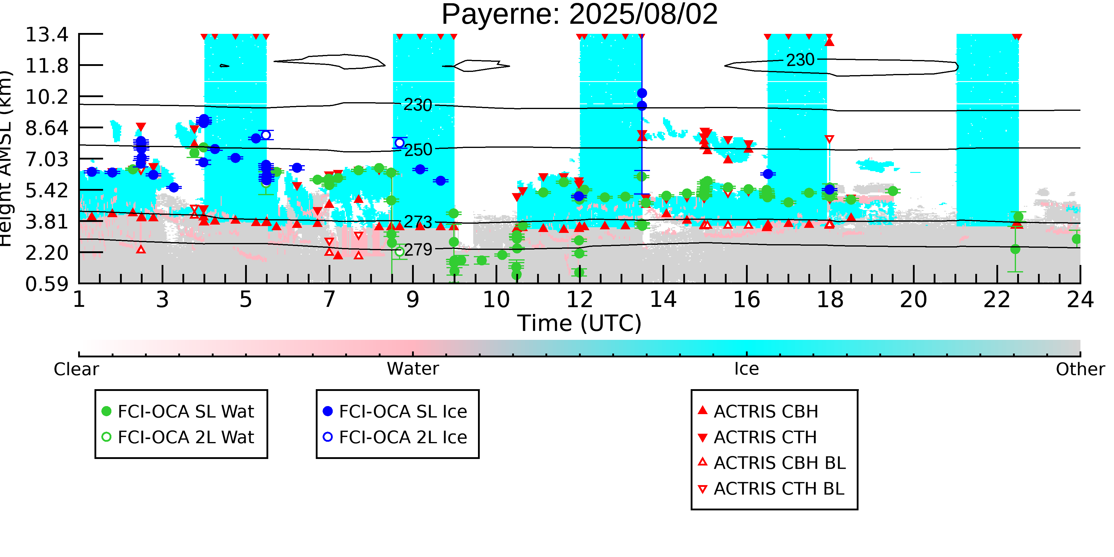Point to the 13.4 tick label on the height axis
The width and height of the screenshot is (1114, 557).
[47, 34]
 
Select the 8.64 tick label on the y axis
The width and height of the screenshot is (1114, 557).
[47, 128]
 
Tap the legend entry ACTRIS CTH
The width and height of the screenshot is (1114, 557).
[765, 438]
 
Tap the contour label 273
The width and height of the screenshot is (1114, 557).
[418, 222]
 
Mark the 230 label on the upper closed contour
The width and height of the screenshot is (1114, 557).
[800, 60]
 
